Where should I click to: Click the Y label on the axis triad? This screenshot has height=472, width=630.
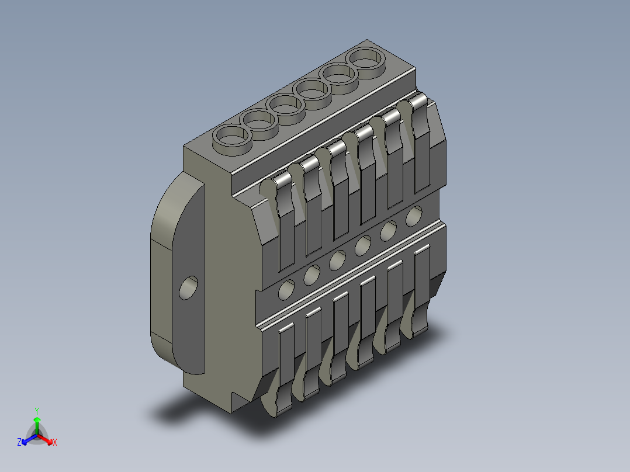[36, 411]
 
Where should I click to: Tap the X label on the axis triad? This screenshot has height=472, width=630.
[54, 443]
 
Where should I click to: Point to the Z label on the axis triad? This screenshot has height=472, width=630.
[19, 443]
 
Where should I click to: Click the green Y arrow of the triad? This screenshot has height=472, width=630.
[37, 423]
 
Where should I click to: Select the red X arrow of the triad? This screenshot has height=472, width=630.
[46, 439]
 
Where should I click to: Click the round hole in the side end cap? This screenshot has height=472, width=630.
[188, 288]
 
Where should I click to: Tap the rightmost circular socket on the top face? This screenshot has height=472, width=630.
[367, 60]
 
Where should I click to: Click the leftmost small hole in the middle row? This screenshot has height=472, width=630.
[287, 289]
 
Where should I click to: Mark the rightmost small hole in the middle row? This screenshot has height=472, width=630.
[414, 216]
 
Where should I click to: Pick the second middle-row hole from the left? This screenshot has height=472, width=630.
[312, 274]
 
